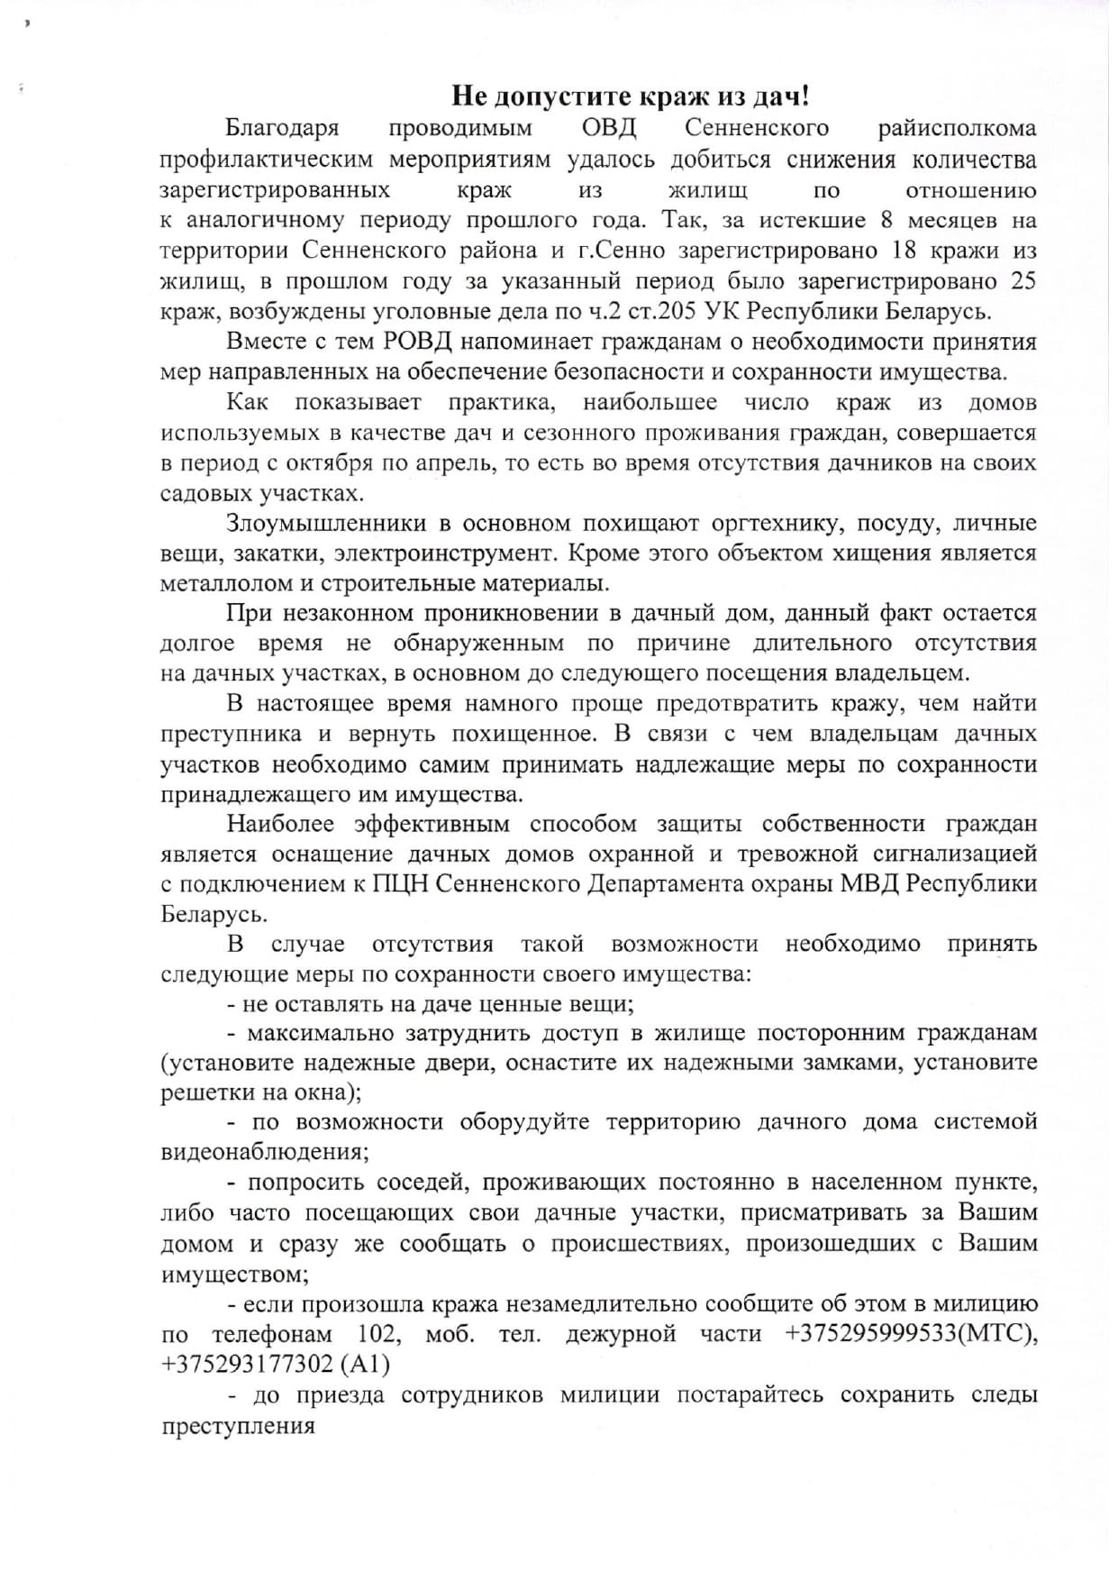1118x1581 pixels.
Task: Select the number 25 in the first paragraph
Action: pyautogui.click(x=1023, y=280)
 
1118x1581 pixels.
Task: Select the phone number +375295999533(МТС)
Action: pyautogui.click(x=911, y=1334)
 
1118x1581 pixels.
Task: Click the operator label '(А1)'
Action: pyautogui.click(x=366, y=1365)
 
